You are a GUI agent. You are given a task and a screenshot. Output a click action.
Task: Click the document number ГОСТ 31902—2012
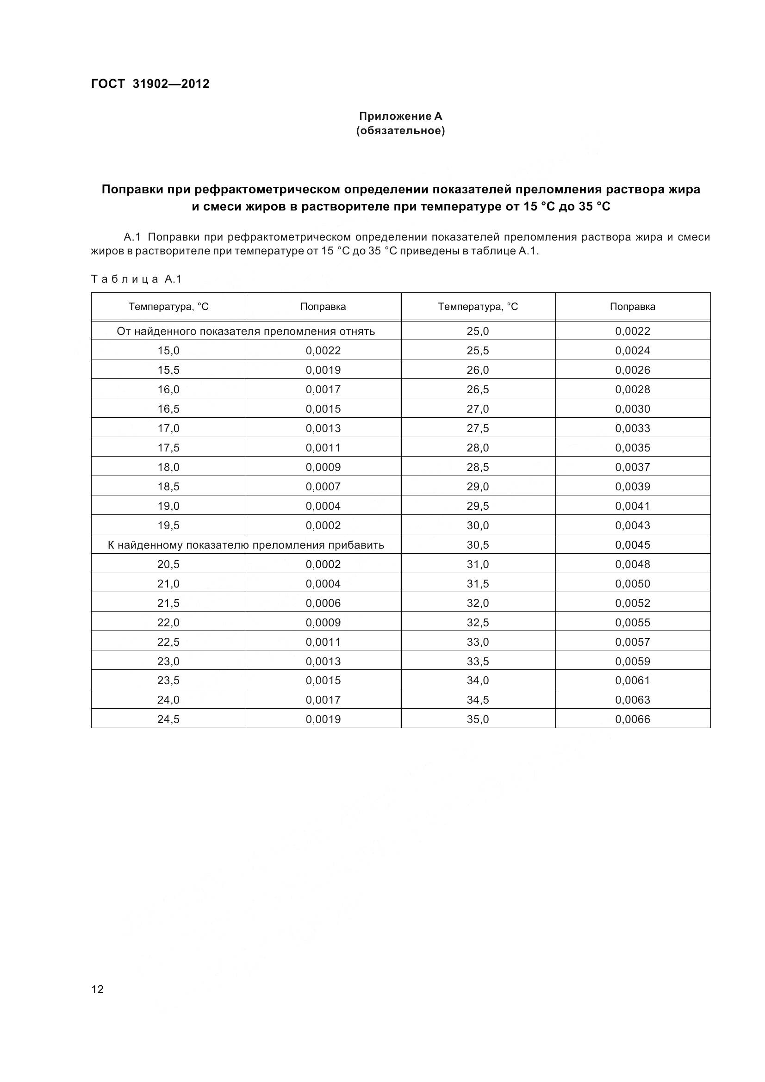click(x=150, y=84)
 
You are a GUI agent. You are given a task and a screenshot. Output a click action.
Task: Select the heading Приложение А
click(x=400, y=116)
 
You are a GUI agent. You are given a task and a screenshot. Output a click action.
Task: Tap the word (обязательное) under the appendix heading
click(x=400, y=130)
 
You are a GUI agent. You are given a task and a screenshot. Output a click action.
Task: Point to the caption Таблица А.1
click(x=136, y=279)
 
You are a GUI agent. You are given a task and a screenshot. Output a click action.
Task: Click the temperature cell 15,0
click(x=168, y=350)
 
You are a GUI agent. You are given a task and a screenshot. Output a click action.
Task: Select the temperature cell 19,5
click(x=168, y=525)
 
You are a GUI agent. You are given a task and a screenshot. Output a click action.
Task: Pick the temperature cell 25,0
click(x=478, y=331)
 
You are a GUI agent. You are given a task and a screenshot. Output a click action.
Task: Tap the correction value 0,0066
click(x=632, y=719)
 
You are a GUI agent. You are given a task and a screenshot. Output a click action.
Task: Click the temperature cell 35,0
click(x=478, y=719)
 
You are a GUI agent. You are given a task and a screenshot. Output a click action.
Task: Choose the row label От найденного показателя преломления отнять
click(x=246, y=331)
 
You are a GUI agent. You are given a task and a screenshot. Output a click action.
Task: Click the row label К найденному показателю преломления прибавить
click(x=246, y=545)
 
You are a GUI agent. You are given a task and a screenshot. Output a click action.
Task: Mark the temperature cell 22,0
click(x=168, y=623)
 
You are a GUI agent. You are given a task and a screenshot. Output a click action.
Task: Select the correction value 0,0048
click(x=632, y=564)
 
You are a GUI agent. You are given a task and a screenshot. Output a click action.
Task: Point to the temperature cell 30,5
click(x=478, y=545)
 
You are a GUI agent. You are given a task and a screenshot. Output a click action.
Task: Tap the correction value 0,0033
click(x=632, y=428)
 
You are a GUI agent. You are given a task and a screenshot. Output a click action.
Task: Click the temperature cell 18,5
click(x=168, y=486)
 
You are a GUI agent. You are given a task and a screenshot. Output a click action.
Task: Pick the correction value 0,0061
click(x=632, y=680)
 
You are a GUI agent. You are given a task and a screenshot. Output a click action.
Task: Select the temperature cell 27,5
click(x=478, y=428)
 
